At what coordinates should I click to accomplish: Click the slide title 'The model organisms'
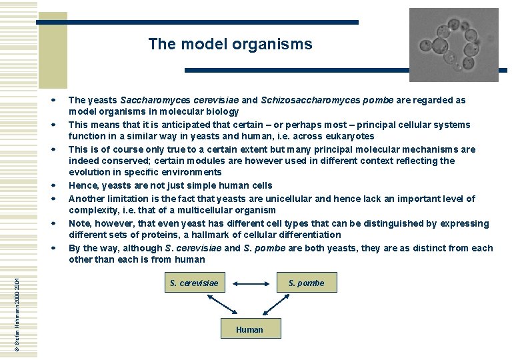230,45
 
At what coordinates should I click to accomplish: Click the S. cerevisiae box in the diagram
194,283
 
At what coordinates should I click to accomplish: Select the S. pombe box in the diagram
306,283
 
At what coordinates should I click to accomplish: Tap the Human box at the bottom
249,329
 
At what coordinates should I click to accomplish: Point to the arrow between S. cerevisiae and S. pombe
250,283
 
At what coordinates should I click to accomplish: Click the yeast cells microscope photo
453,44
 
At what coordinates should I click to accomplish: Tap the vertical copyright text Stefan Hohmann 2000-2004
18,307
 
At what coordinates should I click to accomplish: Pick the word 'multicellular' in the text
187,210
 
